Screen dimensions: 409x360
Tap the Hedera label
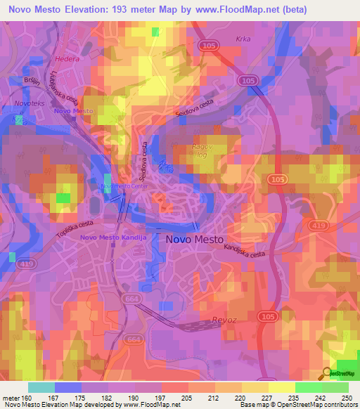coord(67,59)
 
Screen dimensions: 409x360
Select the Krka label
coord(243,40)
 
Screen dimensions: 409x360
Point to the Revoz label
coord(224,320)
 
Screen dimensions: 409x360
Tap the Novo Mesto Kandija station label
coord(113,237)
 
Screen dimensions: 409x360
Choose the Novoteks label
coord(27,104)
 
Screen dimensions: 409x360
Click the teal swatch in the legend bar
coord(41,387)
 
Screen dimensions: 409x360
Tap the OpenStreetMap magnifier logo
coord(326,373)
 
